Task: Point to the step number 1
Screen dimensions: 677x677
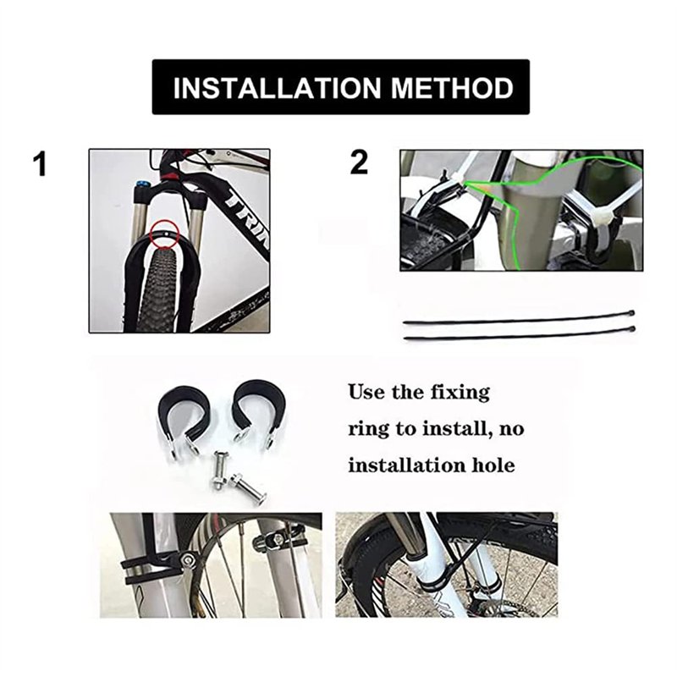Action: click(x=40, y=164)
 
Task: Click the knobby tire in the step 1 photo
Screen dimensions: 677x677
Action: click(x=162, y=288)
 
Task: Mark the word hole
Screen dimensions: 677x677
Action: click(x=491, y=465)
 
